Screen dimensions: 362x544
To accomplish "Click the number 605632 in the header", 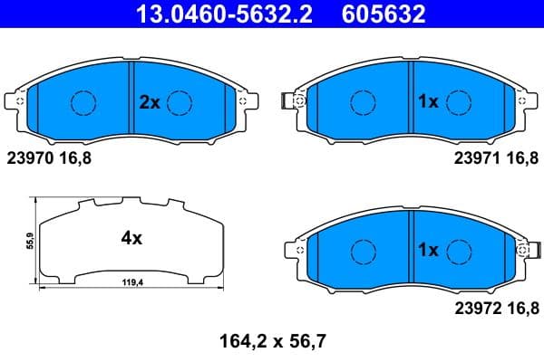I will [379, 14].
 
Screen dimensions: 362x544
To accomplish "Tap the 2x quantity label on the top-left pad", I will [149, 102].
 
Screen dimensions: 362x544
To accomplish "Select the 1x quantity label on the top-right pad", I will [427, 102].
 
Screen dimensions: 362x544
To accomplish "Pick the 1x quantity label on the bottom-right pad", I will [427, 249].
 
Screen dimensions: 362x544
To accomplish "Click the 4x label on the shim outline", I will [131, 239].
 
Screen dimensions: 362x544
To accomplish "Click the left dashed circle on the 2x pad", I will [83, 103].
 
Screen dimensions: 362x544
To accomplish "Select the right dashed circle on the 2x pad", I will [181, 103].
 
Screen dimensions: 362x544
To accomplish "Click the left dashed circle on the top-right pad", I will [363, 103].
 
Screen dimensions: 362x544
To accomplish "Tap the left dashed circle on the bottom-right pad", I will [363, 250].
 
